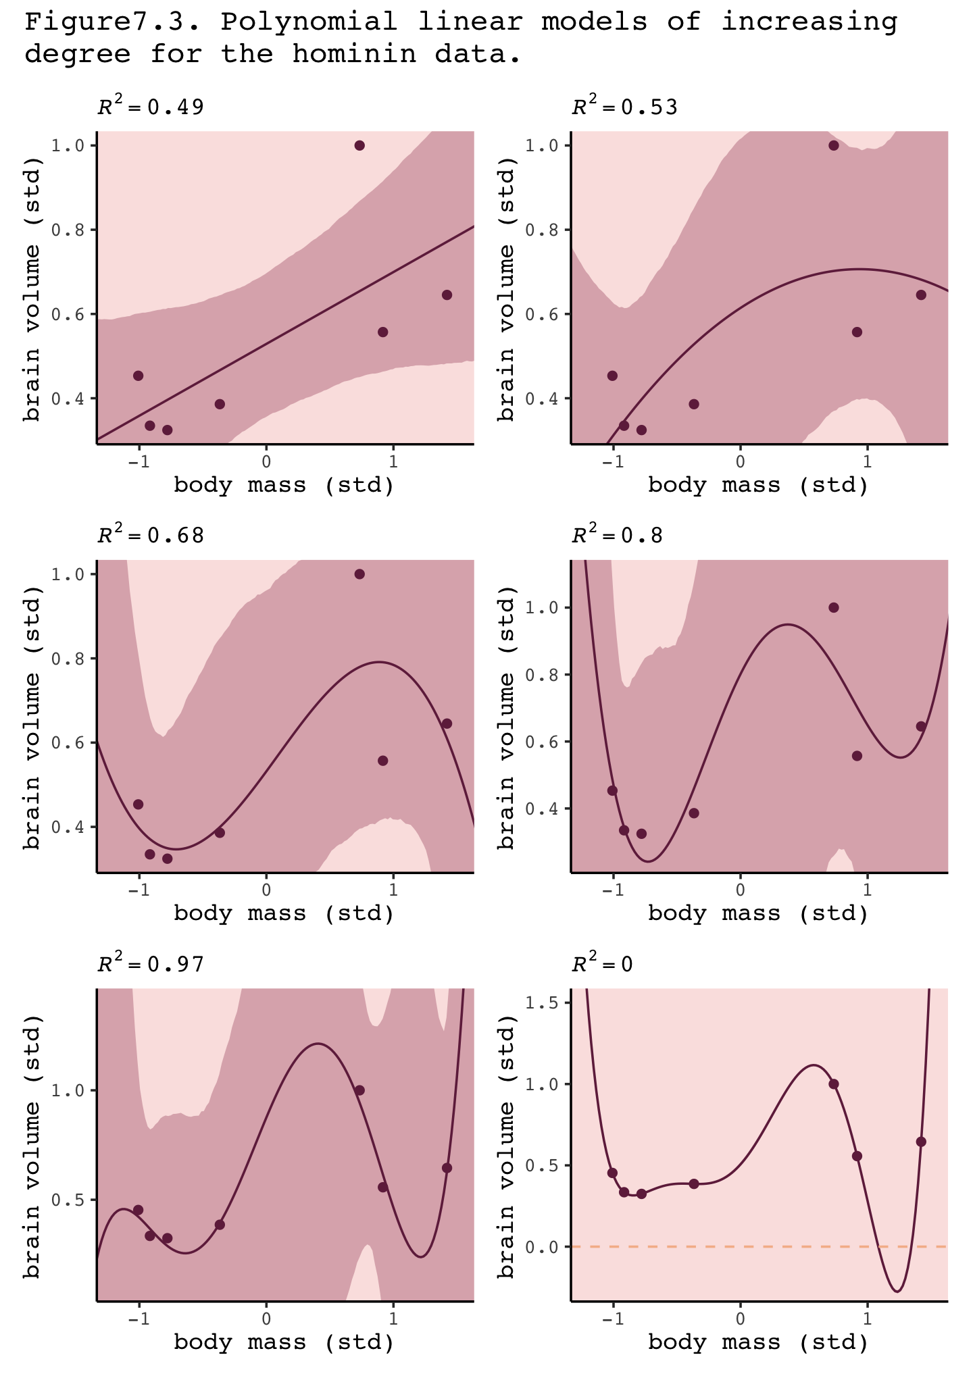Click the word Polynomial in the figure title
(x=309, y=22)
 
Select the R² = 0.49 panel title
(x=150, y=107)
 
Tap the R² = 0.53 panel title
(x=624, y=107)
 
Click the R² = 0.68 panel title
(x=150, y=536)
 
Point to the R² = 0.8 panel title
(x=617, y=536)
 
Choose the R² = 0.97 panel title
(x=150, y=964)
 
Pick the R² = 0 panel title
(x=602, y=964)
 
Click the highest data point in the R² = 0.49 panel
(x=359, y=146)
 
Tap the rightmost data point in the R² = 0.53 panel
(x=921, y=295)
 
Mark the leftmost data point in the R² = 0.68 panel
(x=139, y=804)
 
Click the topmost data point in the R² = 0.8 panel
(x=834, y=607)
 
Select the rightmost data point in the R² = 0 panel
(x=921, y=1142)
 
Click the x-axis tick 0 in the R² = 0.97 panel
(x=266, y=1319)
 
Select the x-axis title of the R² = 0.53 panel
(x=758, y=485)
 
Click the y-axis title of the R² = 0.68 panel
(x=32, y=717)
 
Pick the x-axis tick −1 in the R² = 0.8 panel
(x=612, y=890)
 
